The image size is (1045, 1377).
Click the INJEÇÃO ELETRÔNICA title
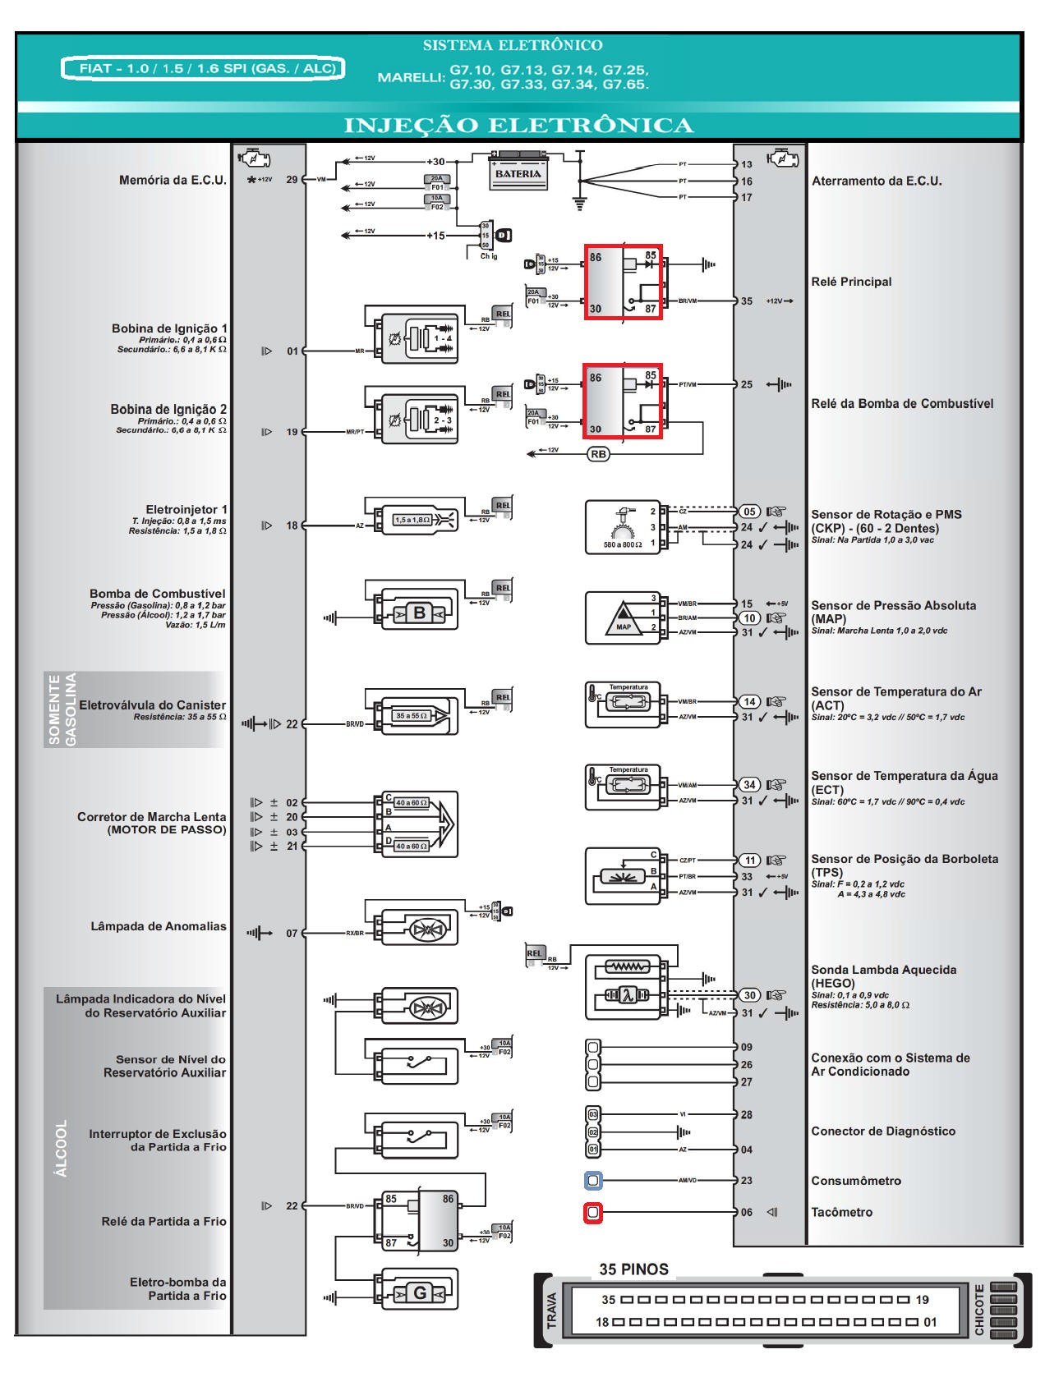[x=518, y=126]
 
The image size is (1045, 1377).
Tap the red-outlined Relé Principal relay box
[x=623, y=282]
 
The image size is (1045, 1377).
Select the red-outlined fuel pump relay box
[x=623, y=402]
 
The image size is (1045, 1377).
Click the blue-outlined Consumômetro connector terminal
[x=593, y=1181]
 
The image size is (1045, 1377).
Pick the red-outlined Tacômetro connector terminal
[x=593, y=1213]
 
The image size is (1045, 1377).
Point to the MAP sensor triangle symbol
[x=624, y=617]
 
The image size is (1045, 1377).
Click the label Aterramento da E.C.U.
[x=877, y=181]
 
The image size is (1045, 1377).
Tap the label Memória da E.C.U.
[x=173, y=181]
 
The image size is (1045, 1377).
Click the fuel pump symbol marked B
[x=419, y=613]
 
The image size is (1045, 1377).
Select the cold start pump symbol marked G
[x=419, y=1293]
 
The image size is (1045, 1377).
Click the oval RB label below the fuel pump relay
[x=599, y=454]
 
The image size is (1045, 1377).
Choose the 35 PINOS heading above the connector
[x=633, y=1269]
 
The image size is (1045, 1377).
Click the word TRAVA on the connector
[x=552, y=1310]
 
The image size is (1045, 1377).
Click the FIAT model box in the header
[x=202, y=68]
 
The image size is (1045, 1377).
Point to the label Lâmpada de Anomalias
[x=158, y=927]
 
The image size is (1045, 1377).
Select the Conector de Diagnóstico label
[x=883, y=1131]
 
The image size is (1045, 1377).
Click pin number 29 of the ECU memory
[x=292, y=180]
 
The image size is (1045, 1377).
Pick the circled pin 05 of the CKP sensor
[x=749, y=512]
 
